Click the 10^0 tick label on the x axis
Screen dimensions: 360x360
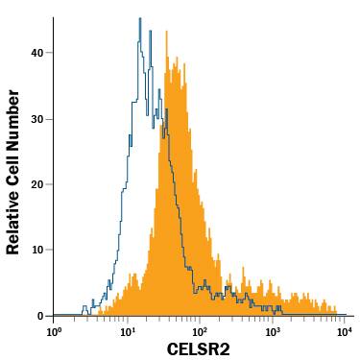[x=55, y=331]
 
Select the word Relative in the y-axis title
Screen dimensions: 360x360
[x=14, y=125]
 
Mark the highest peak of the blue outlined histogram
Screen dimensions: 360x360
[x=139, y=18]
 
